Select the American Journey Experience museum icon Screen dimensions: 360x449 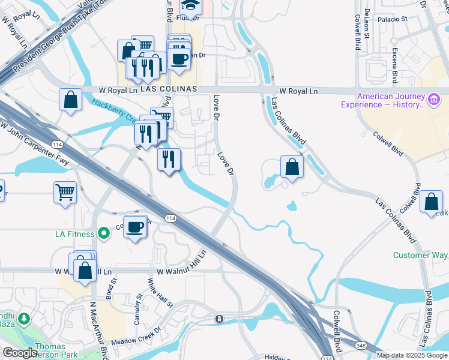coord(433,98)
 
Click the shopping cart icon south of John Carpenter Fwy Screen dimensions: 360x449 coord(65,193)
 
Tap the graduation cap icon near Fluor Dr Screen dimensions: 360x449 coord(190,5)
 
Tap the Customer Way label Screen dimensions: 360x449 coord(420,255)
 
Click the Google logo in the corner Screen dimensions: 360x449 coord(19,353)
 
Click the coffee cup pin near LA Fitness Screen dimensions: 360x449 coord(136,227)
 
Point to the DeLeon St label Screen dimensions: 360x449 coord(366,27)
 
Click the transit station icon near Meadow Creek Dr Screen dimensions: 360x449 coord(220,319)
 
